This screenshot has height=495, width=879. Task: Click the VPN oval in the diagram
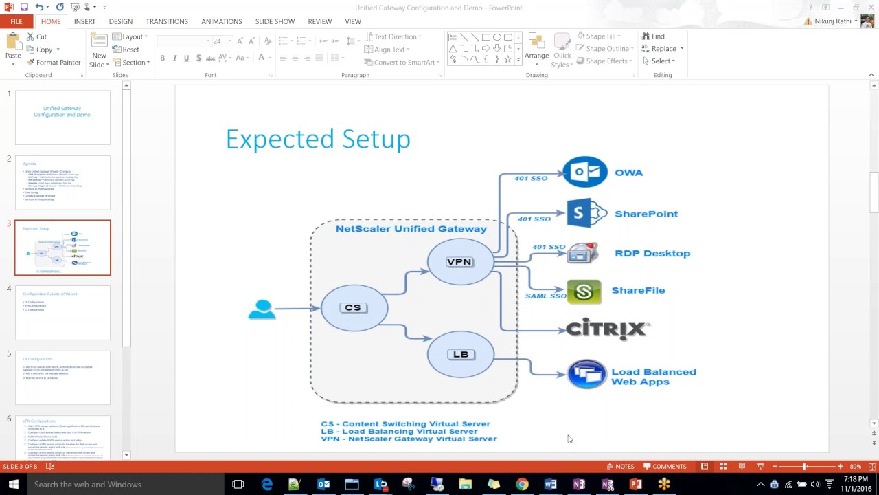(x=459, y=261)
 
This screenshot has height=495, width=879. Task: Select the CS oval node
(x=354, y=307)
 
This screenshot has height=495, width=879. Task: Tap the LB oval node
(x=460, y=354)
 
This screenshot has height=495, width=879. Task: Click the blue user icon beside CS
(x=262, y=309)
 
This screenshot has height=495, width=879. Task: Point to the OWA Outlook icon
(x=585, y=172)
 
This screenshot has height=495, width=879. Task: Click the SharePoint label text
(x=646, y=214)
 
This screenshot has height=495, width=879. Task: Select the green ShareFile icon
(x=584, y=291)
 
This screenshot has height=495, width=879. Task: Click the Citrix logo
(x=607, y=329)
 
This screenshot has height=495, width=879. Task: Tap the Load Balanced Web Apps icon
(x=586, y=375)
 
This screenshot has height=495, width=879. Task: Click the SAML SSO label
(x=546, y=296)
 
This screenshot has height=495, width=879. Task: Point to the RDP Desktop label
(x=652, y=253)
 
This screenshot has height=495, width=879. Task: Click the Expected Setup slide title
(x=318, y=140)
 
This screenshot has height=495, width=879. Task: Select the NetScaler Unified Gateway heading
(x=411, y=229)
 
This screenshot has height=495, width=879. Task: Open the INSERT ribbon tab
(x=84, y=21)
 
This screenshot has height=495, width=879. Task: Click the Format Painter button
(x=54, y=62)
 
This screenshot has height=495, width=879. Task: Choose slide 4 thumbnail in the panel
(x=62, y=313)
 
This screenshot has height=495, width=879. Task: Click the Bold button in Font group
(x=162, y=58)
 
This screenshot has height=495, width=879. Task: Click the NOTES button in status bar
(x=620, y=466)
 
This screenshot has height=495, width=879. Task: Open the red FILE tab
(x=16, y=21)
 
